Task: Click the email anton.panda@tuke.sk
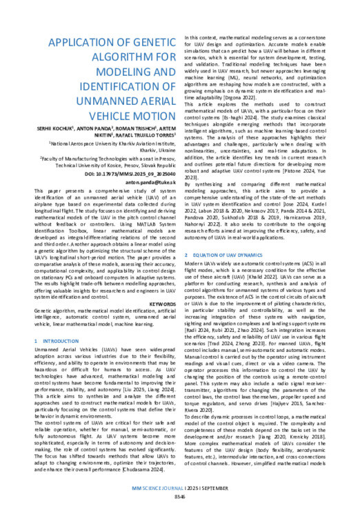click(x=141, y=173)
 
